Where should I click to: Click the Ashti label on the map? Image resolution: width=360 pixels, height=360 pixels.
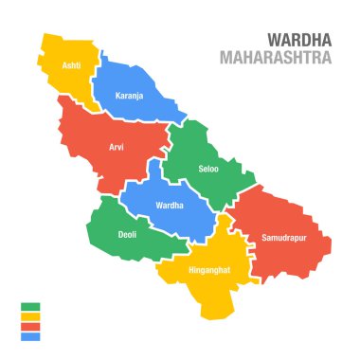70,65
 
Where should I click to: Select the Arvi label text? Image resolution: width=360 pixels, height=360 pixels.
116,148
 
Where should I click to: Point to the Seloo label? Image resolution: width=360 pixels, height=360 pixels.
207,170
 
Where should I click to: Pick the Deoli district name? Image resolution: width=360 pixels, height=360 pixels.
126,233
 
